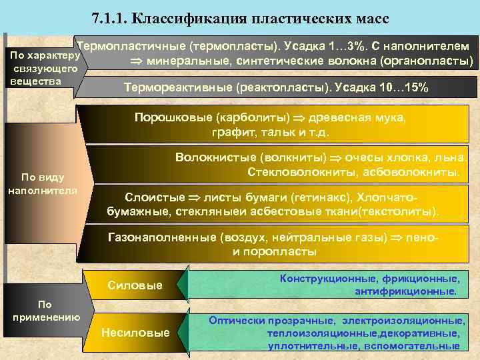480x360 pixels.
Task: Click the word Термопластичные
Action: click(x=131, y=47)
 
